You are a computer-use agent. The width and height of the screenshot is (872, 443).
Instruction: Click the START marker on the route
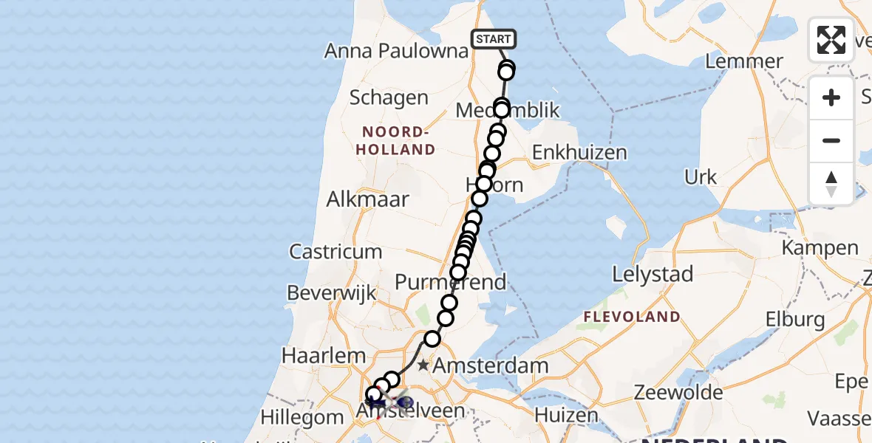tap(493, 39)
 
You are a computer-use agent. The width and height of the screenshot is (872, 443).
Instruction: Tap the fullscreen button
tap(831, 40)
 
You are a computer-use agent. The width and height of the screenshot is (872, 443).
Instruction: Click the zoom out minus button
tap(831, 140)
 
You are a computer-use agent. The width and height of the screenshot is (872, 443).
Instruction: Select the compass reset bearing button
tap(831, 183)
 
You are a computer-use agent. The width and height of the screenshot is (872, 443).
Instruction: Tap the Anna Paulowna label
tap(397, 51)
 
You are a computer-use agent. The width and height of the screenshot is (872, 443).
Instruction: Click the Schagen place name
tap(389, 97)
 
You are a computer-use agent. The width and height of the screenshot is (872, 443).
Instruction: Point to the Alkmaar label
tap(364, 200)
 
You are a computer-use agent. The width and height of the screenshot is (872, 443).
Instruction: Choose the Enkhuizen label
tap(579, 153)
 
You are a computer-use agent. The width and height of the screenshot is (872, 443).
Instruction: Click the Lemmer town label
tap(744, 61)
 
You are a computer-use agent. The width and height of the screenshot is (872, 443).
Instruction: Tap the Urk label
tap(700, 177)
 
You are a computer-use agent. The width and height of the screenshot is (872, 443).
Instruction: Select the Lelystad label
tap(653, 275)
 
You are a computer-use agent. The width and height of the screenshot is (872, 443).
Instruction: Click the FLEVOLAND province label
tap(632, 317)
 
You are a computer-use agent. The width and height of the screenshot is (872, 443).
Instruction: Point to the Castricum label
tap(335, 252)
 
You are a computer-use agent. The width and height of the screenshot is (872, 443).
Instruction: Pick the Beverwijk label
tap(332, 293)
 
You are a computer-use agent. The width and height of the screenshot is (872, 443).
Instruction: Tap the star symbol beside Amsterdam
tap(423, 365)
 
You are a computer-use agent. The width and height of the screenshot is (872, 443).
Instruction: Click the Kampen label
tap(820, 247)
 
